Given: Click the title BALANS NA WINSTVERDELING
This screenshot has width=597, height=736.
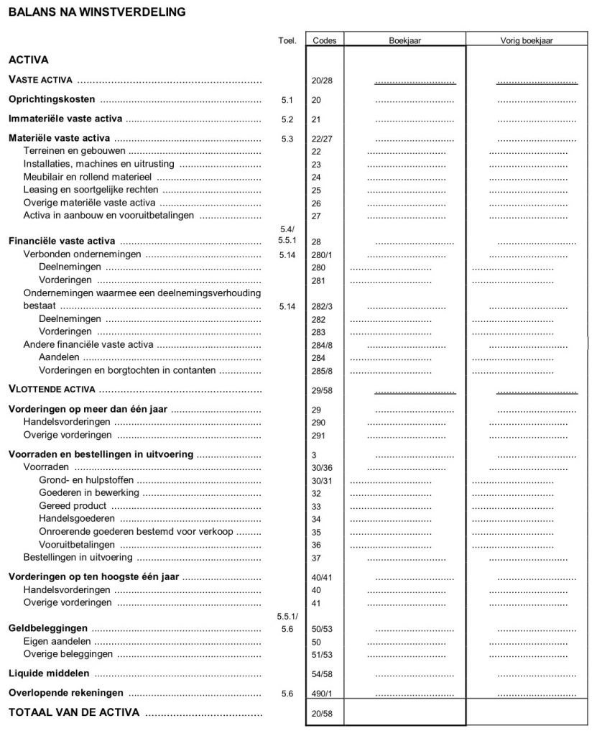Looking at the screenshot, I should coord(96,11).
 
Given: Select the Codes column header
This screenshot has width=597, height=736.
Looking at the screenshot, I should coord(325,40).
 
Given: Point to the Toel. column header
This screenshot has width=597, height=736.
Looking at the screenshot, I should coord(287,40).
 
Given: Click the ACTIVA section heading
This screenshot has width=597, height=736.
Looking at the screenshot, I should coord(28,60).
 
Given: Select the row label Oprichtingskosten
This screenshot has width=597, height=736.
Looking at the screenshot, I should coord(51,99).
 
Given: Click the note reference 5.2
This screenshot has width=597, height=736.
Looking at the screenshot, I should coord(287,119).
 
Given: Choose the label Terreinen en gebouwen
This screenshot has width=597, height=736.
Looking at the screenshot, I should coord(74,151).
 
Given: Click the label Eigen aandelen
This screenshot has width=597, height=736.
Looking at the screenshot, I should coord(57,641).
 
